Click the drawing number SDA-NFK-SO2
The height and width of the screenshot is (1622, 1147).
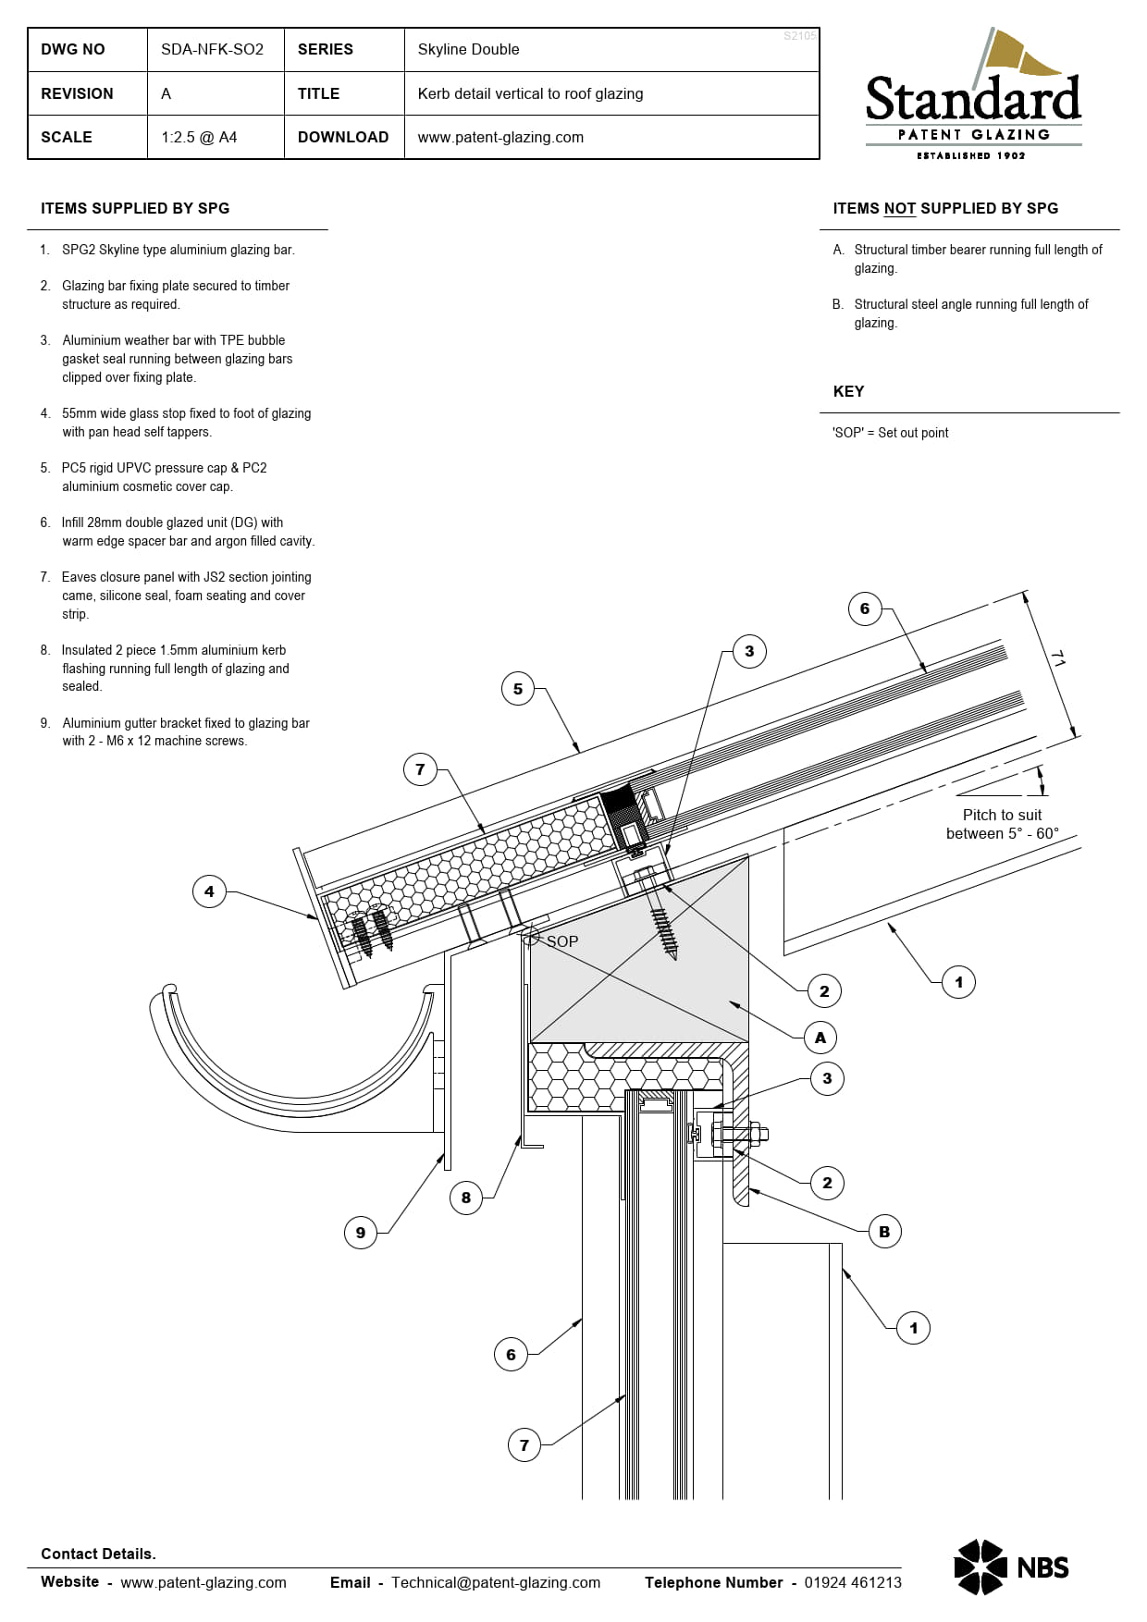(212, 49)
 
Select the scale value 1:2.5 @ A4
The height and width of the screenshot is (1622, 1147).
(199, 137)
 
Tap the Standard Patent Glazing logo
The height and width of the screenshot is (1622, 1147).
(973, 97)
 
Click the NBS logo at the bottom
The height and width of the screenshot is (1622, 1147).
(1011, 1567)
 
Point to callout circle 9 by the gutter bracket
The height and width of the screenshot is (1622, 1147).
(361, 1232)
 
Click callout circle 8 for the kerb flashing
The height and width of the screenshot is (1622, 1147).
(465, 1198)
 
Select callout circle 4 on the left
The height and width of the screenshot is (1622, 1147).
(209, 891)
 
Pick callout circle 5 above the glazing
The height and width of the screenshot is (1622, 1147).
(518, 689)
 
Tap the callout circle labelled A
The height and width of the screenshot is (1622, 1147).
(820, 1038)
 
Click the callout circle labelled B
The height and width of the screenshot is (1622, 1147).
(884, 1232)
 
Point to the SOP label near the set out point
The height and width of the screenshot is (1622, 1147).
(561, 941)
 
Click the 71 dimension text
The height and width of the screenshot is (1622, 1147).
(1057, 658)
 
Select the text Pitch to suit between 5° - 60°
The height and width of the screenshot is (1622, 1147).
(1002, 824)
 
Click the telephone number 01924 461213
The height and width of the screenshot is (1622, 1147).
(852, 1582)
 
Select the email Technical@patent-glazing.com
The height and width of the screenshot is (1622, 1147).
(495, 1582)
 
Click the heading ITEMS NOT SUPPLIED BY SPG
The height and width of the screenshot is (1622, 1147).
(944, 208)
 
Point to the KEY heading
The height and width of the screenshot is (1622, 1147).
(848, 391)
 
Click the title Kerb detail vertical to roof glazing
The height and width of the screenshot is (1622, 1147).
(530, 93)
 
